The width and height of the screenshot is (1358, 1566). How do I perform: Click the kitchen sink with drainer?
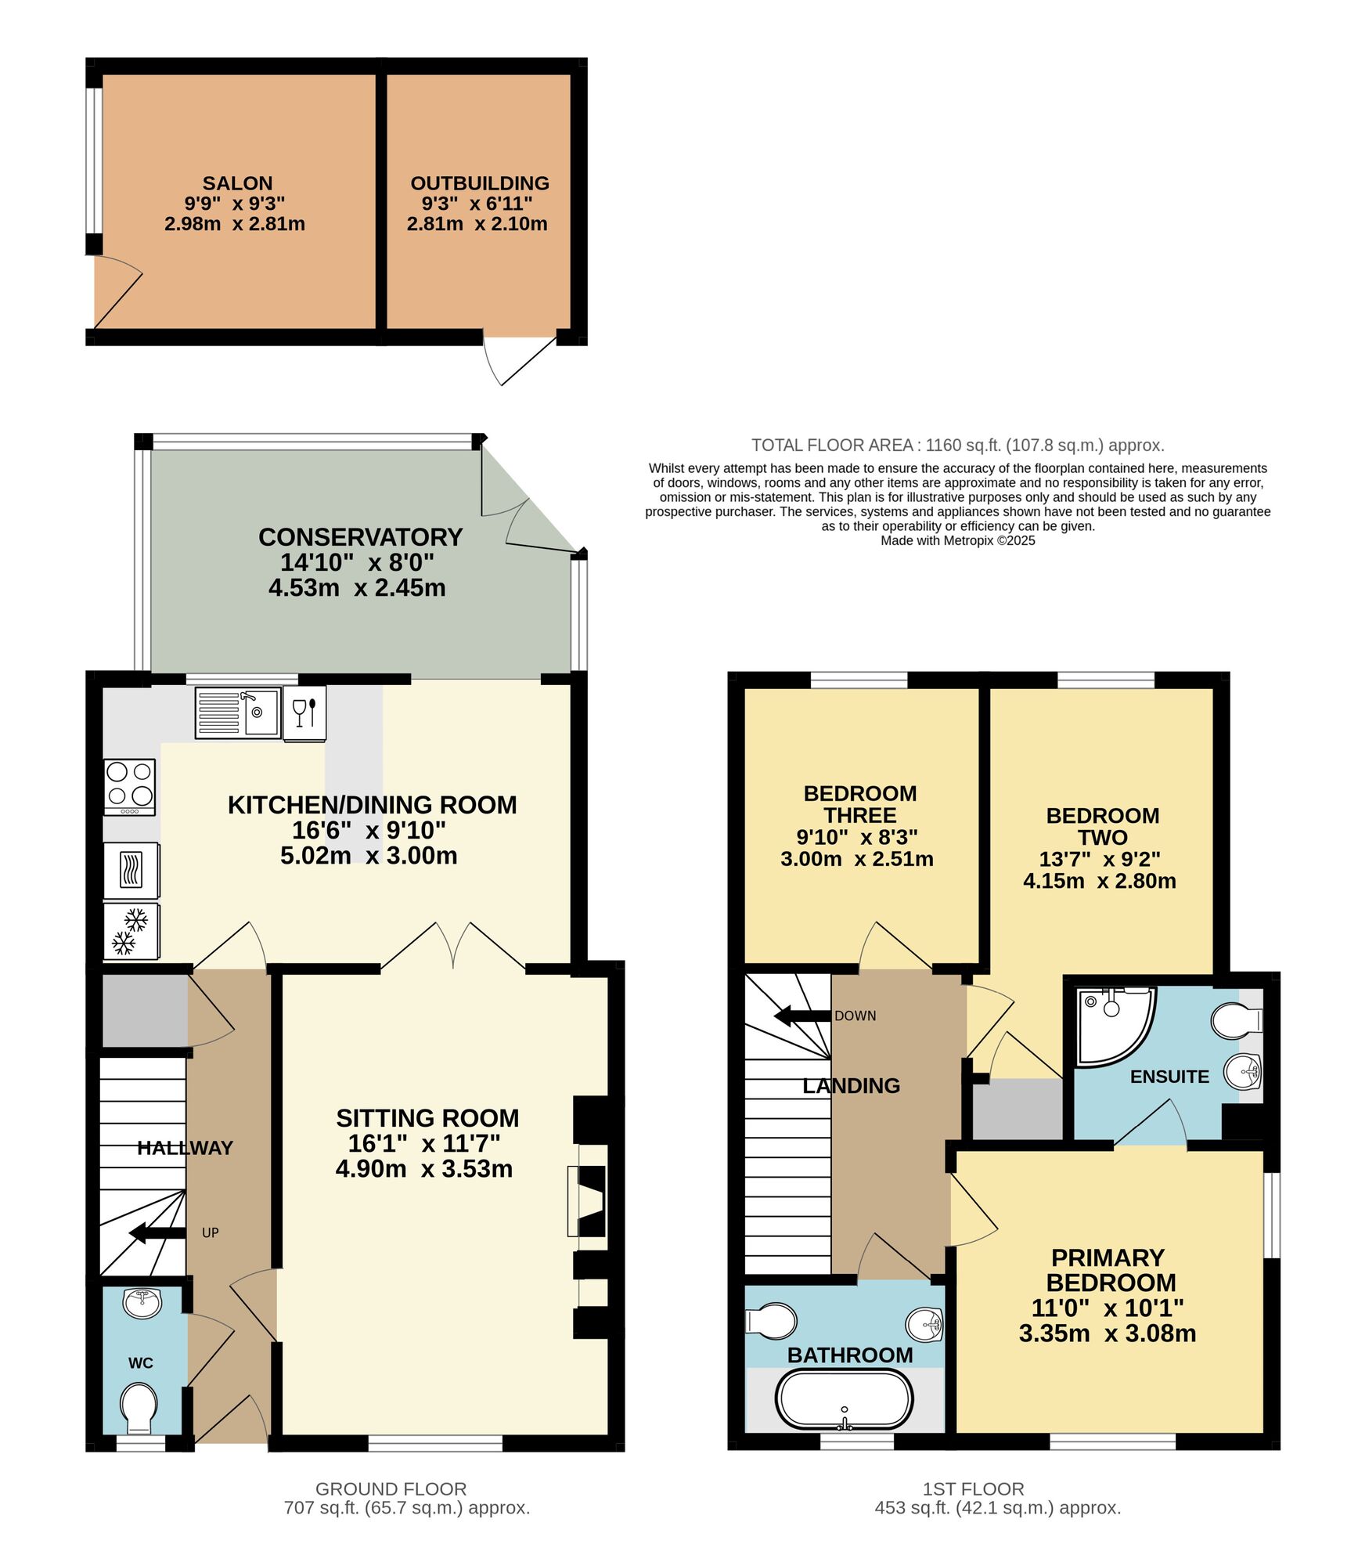click(x=238, y=713)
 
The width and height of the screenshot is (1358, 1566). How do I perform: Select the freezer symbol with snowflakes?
click(x=131, y=932)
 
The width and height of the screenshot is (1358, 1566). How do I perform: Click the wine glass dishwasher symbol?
click(x=304, y=713)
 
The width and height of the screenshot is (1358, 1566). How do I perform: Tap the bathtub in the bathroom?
click(x=844, y=1399)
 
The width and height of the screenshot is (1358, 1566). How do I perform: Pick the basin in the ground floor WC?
click(x=142, y=1304)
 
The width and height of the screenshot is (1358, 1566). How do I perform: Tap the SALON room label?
click(x=237, y=183)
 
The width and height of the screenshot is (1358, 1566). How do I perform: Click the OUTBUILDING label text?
click(x=480, y=183)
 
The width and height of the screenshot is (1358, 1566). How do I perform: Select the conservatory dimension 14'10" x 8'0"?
click(x=357, y=562)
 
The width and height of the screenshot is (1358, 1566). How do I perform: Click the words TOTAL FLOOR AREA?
click(x=831, y=446)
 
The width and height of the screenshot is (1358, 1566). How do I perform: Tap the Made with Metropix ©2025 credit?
click(x=957, y=541)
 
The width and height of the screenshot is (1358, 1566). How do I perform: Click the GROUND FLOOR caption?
click(x=391, y=1489)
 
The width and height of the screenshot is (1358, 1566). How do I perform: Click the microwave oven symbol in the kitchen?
click(x=131, y=870)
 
